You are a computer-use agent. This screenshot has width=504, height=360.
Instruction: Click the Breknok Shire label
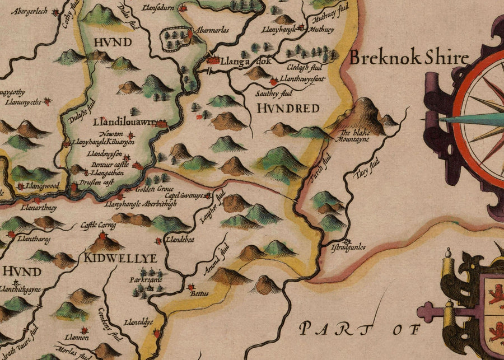click(409, 58)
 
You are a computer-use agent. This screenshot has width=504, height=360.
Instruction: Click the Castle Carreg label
click(98, 225)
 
